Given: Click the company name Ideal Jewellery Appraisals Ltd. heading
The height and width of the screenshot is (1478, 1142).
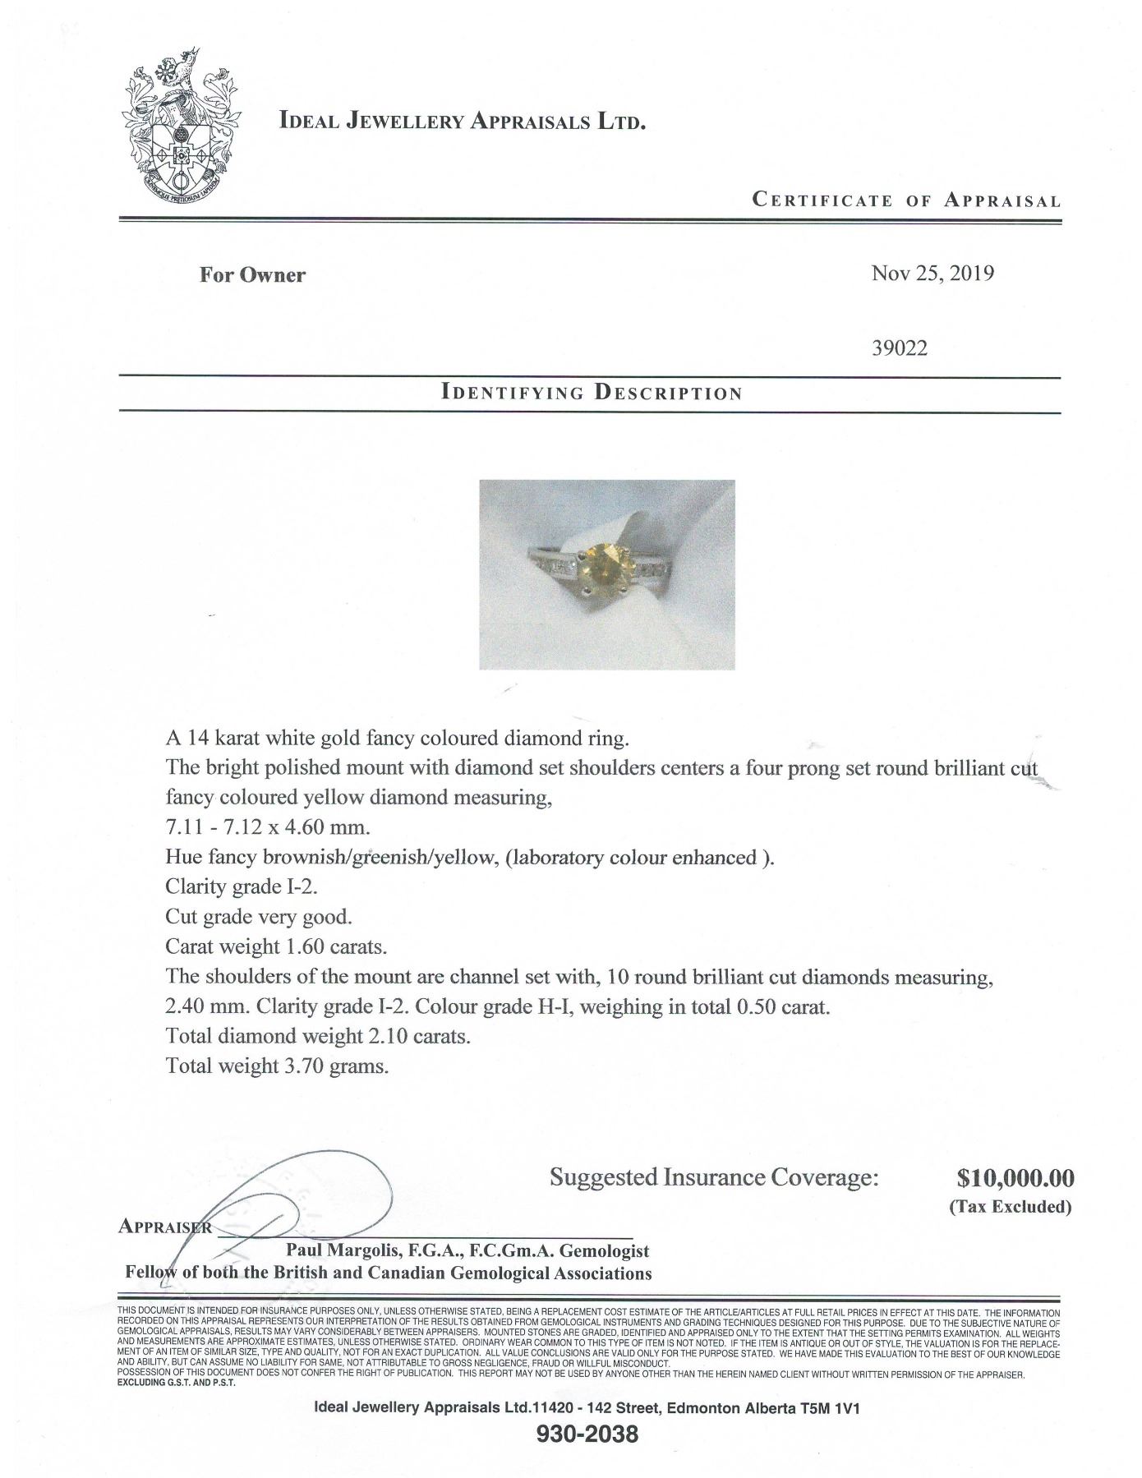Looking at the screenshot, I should [463, 122].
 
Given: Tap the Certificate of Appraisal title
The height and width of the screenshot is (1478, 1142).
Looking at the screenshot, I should [906, 200].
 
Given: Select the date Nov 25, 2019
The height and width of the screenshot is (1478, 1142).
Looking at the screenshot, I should [932, 274].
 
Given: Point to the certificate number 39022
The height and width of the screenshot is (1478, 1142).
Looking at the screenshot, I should [899, 348].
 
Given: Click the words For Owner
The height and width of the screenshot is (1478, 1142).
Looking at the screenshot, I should [252, 275].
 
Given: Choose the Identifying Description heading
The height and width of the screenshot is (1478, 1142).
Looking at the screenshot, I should [592, 392].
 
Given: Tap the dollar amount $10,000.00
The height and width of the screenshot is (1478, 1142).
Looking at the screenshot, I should [1015, 1178].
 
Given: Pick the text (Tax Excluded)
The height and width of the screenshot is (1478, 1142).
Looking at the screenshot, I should [1011, 1207].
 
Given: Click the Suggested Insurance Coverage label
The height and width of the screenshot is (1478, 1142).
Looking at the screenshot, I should [714, 1178].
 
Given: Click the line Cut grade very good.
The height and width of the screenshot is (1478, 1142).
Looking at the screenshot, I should [259, 917].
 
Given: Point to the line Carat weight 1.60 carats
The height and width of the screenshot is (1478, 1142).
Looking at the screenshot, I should [276, 946].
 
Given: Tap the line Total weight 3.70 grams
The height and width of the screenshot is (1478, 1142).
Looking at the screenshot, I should [277, 1066].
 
